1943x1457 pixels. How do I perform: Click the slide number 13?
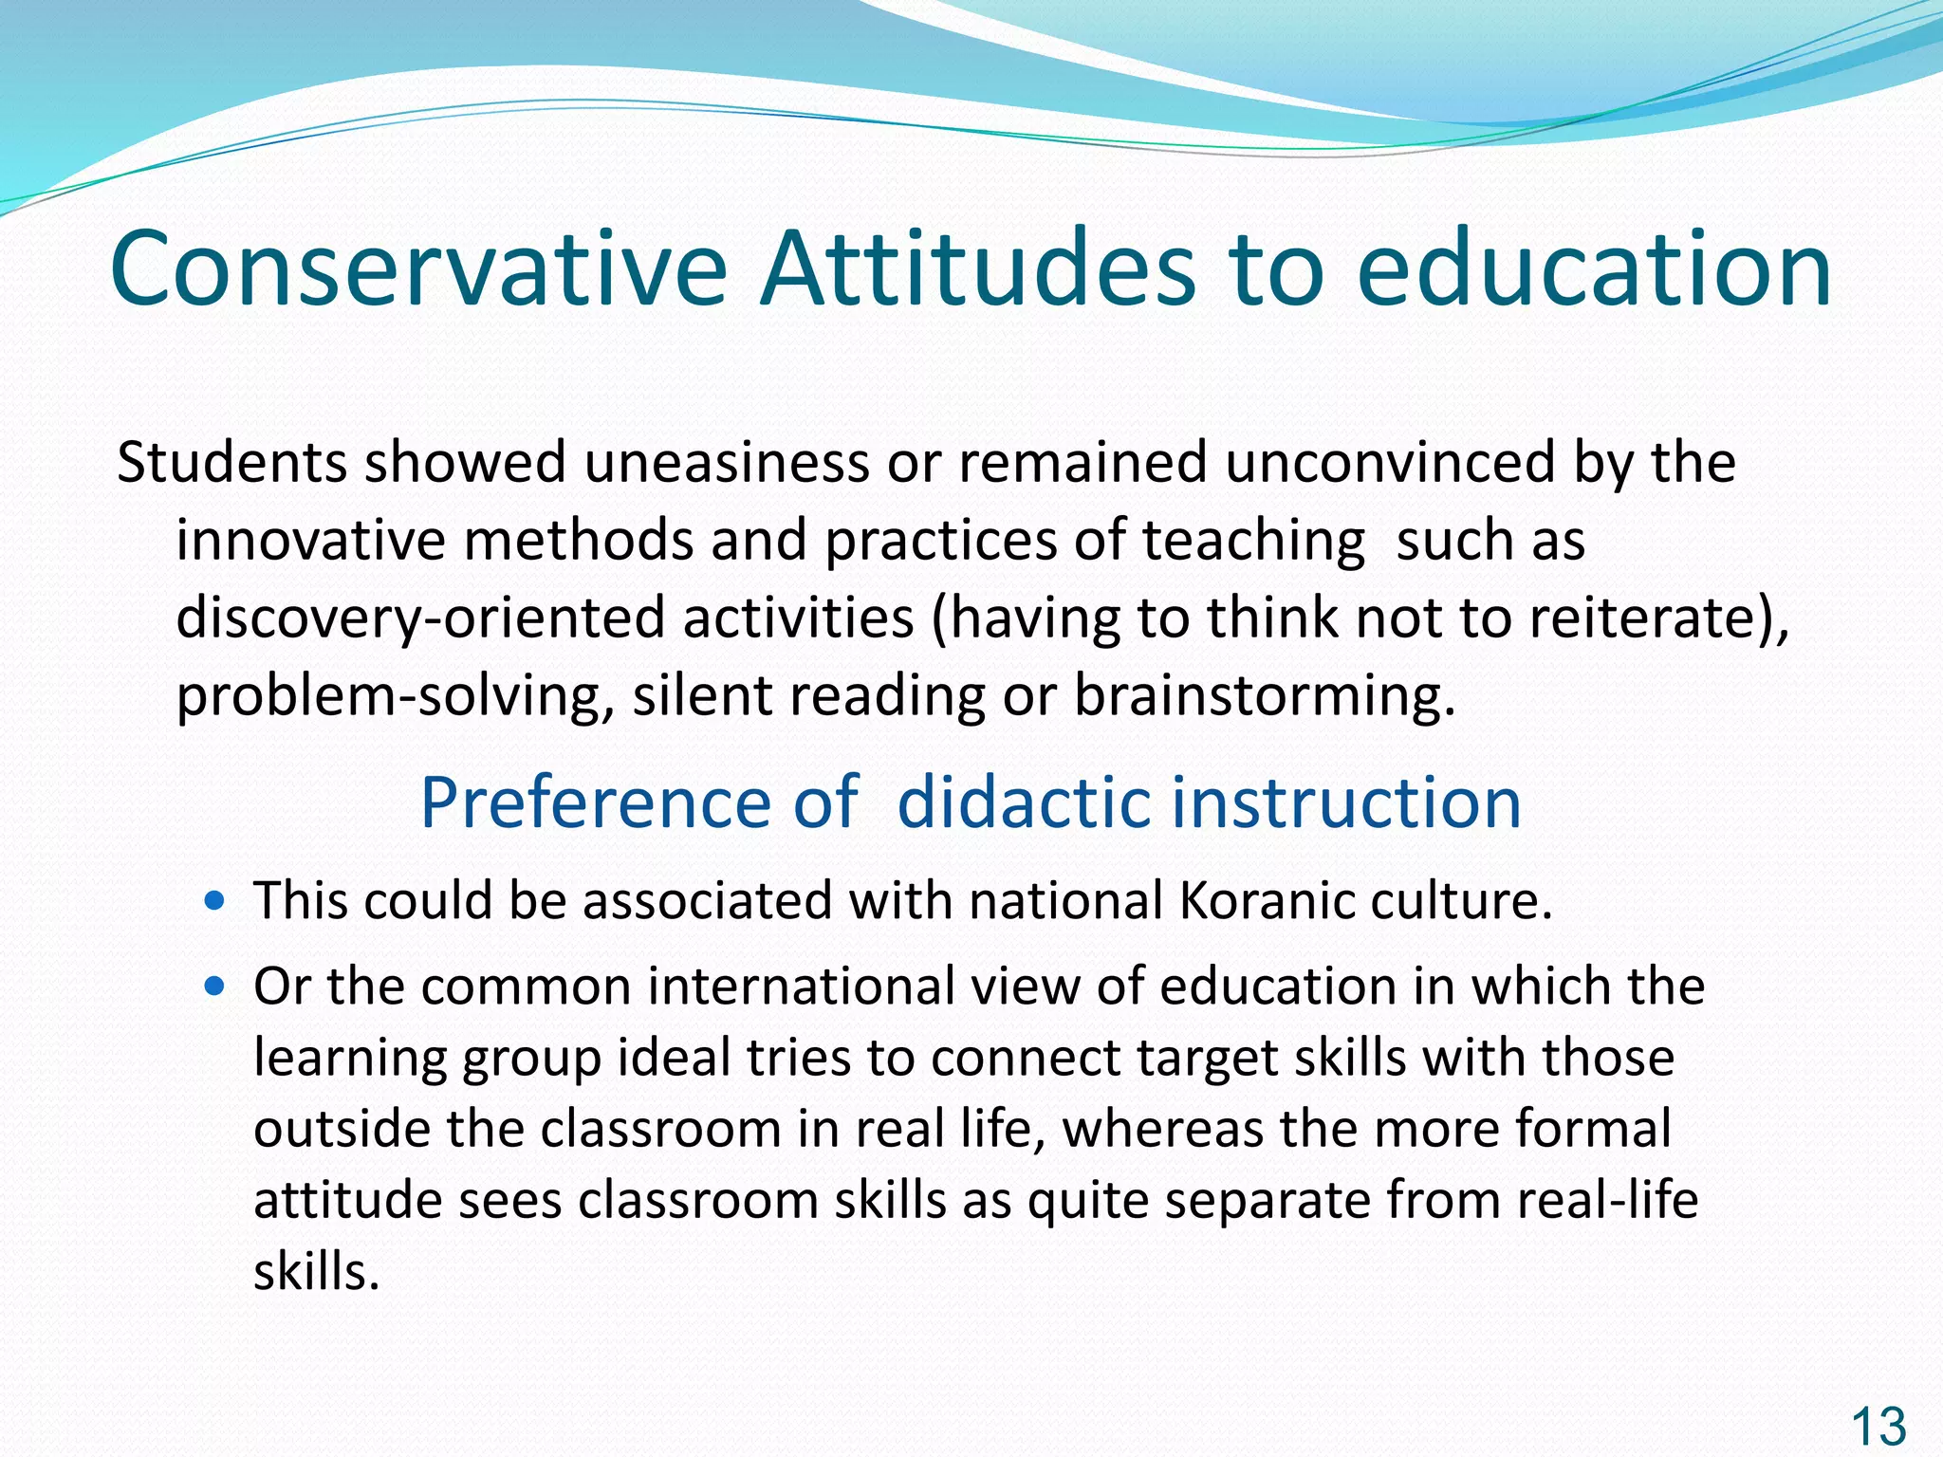1878,1427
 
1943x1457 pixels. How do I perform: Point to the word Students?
231,463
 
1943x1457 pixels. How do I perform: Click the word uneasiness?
726,463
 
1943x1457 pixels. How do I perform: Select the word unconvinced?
1390,463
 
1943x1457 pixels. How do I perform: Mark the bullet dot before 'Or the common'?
215,987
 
